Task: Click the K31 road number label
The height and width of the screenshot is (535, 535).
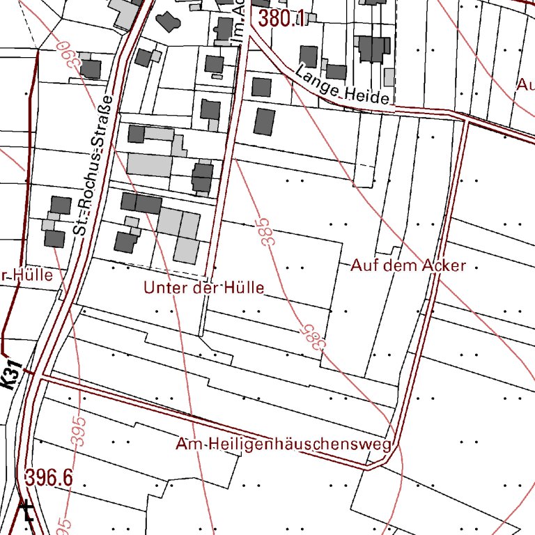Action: [10, 377]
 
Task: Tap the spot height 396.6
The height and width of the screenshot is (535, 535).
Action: [49, 478]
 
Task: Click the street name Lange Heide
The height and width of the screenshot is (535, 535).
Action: [341, 86]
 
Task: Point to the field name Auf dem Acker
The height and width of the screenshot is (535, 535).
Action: [408, 265]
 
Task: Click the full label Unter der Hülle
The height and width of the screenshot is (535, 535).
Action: [204, 287]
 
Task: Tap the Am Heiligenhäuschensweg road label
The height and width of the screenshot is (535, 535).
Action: [284, 444]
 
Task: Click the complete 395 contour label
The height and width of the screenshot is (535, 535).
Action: [79, 431]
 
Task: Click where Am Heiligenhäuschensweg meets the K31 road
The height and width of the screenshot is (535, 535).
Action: [39, 376]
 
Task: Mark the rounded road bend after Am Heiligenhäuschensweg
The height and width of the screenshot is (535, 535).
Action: [394, 456]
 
